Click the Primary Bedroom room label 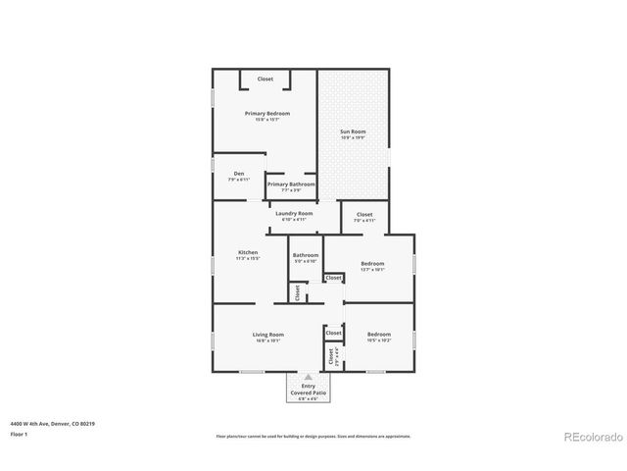coord(267,114)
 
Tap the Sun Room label coord(353,131)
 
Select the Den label coord(238,174)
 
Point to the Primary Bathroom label coord(291,183)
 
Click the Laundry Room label coord(294,213)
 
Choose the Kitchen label coord(248,252)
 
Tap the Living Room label coord(267,335)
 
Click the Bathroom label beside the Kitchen coord(306,255)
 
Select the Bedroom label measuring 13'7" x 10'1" coord(372,263)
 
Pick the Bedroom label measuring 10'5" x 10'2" coord(379,335)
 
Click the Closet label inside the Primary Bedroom coord(265,78)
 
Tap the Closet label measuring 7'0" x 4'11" coord(364,214)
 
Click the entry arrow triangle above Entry coord(308,377)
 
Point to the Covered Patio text coord(308,392)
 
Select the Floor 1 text coord(19,434)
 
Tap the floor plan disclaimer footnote coord(313,436)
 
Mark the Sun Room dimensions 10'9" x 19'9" coord(353,137)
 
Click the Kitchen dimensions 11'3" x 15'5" coord(248,259)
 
